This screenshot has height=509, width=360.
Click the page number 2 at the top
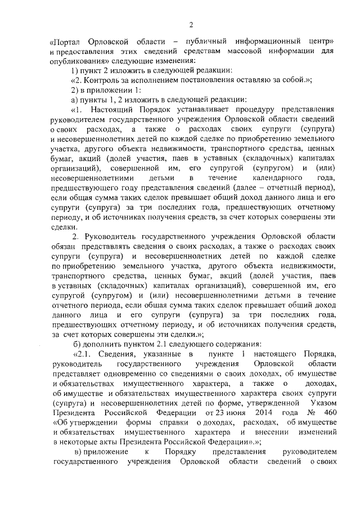click(x=191, y=24)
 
